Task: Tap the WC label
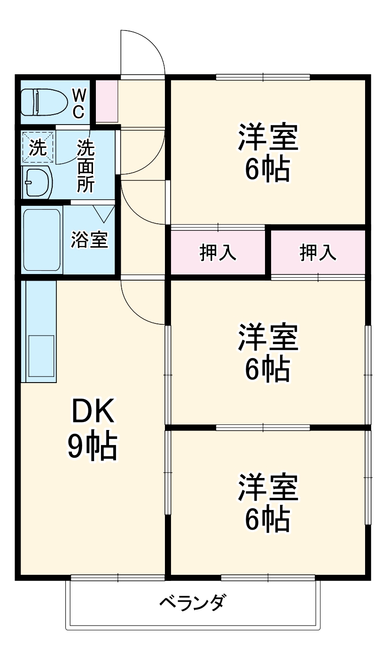(78, 103)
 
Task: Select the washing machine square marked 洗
(38, 148)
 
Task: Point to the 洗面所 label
(86, 166)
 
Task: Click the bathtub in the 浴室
(42, 240)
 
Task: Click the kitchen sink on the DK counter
(41, 353)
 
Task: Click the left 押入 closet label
(218, 253)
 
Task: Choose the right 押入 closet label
(319, 253)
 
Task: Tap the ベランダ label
(192, 603)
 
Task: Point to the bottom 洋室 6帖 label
(267, 502)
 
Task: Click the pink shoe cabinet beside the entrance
(107, 101)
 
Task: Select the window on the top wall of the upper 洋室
(263, 77)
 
